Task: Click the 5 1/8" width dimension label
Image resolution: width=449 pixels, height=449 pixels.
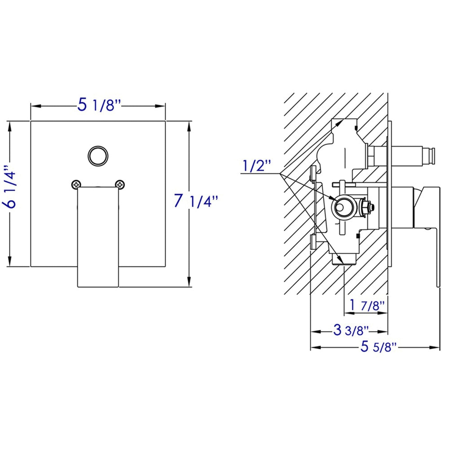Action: click(x=99, y=105)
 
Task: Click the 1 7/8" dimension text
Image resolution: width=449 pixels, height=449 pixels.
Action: click(x=367, y=305)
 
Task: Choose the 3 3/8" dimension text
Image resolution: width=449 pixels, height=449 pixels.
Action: click(x=351, y=330)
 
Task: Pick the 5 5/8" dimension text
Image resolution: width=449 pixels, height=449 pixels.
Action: click(x=378, y=347)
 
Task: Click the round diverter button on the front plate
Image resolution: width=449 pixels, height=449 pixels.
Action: click(x=98, y=156)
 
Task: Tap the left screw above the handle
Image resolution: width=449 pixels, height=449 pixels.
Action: click(x=75, y=185)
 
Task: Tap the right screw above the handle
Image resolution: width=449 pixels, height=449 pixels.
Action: click(x=120, y=185)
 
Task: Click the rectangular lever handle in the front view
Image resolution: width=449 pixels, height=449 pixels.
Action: click(x=98, y=236)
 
